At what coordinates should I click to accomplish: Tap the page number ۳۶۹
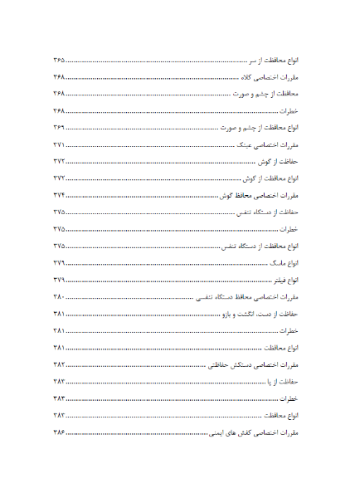tap(59, 128)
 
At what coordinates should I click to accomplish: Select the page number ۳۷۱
tap(59, 144)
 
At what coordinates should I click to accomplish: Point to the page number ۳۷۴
tap(59, 195)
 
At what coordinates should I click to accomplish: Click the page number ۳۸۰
tap(59, 296)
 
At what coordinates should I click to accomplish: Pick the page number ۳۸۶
tap(59, 432)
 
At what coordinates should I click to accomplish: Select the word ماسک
tap(266, 262)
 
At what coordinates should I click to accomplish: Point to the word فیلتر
tap(267, 280)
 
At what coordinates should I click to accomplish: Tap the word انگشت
tap(250, 314)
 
